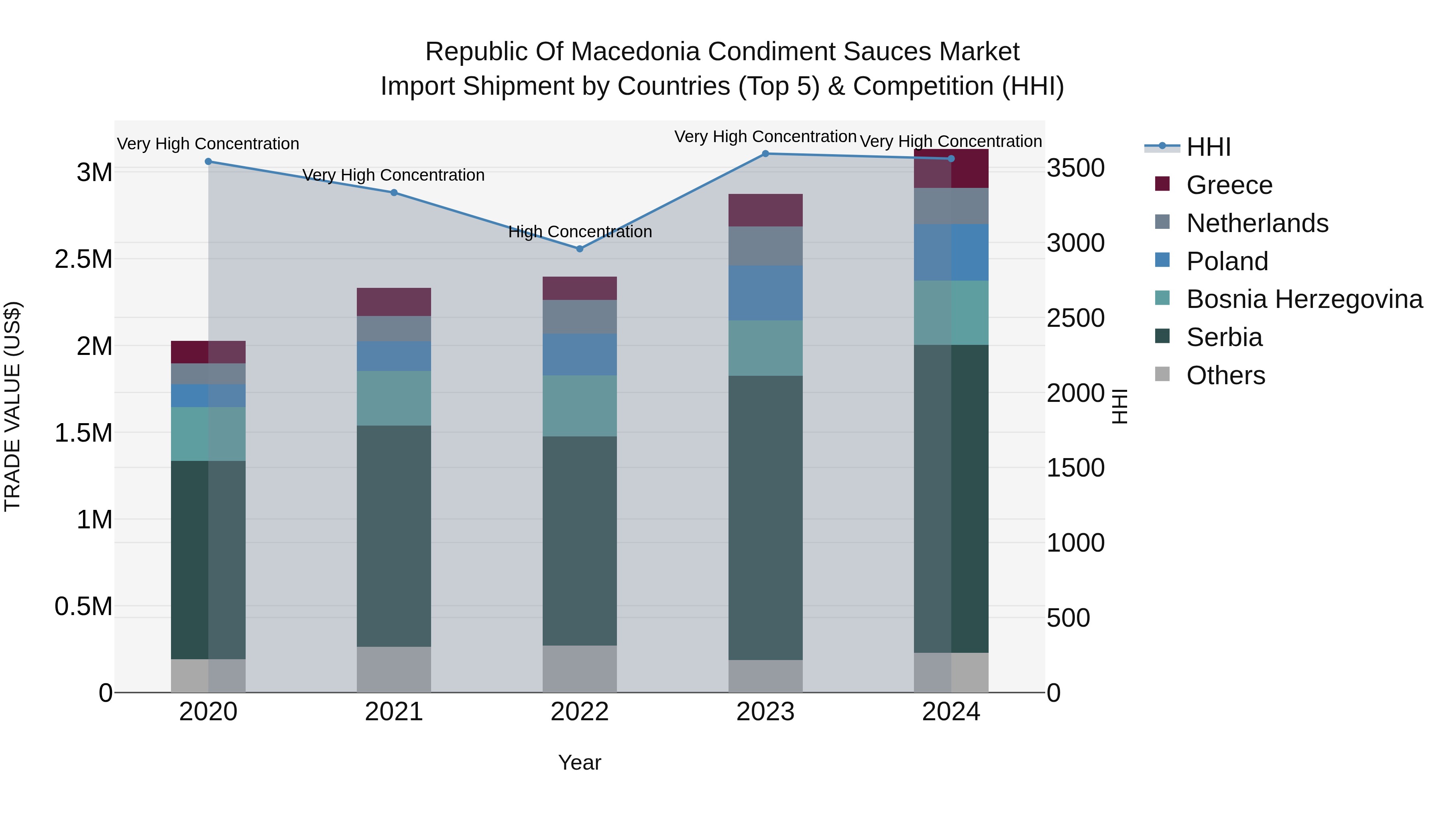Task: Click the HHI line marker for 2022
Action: pos(580,249)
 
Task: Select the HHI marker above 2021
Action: pos(394,192)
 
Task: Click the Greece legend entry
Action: pos(1229,185)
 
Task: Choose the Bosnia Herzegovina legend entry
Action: pos(1304,299)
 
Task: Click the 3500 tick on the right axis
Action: pos(1075,168)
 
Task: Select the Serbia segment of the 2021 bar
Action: pos(394,536)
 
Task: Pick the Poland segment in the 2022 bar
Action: pos(580,355)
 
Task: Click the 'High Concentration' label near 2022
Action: pos(580,232)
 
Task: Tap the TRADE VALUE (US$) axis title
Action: pos(12,406)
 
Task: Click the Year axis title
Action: pos(580,762)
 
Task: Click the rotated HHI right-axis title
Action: pos(1119,406)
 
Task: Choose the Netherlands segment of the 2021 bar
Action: pos(394,329)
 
